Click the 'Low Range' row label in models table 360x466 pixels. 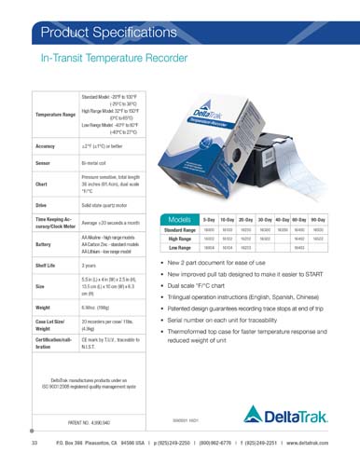point(179,248)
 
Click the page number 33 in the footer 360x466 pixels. point(33,454)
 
